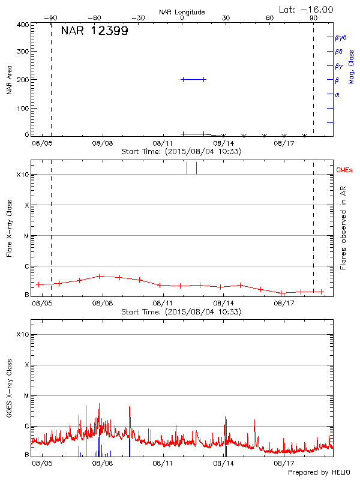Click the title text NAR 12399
tap(94, 31)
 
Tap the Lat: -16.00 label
tap(307, 9)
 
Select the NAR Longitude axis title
tap(182, 11)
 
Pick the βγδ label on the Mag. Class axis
tap(341, 37)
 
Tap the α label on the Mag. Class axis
tap(337, 94)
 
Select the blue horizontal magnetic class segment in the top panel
tap(193, 79)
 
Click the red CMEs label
tap(344, 171)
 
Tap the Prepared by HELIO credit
tap(319, 473)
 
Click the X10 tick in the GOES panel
tap(22, 334)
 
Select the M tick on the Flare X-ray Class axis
tap(25, 236)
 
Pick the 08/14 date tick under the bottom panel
tap(224, 463)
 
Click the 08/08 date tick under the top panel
tap(103, 144)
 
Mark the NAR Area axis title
tap(9, 80)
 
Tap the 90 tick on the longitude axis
tap(313, 18)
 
